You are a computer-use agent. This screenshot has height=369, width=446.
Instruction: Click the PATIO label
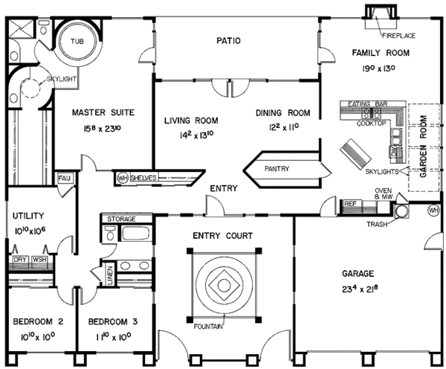point(227,41)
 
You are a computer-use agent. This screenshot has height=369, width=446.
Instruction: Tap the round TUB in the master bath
point(77,42)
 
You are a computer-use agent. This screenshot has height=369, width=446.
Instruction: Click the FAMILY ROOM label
point(379,51)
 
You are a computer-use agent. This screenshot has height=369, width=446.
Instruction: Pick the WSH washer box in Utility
point(39,260)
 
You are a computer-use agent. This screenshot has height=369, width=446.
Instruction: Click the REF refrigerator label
point(350,202)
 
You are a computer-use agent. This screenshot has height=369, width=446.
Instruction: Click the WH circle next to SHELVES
point(122,179)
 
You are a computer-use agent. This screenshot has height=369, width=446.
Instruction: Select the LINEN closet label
point(110,275)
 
